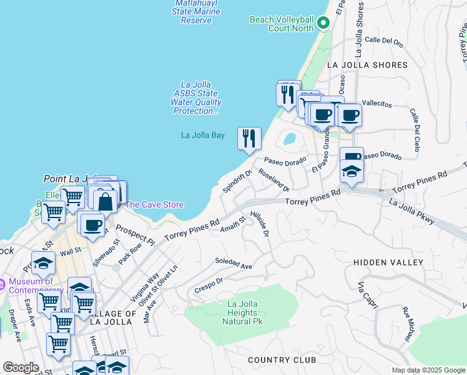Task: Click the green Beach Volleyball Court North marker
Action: click(323, 24)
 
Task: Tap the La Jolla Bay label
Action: click(202, 135)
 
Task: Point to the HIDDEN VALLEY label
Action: click(388, 263)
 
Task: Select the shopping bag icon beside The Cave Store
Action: click(105, 201)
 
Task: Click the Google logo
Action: click(21, 367)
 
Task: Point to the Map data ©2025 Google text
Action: click(428, 370)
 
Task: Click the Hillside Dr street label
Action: click(260, 224)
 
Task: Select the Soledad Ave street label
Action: click(234, 263)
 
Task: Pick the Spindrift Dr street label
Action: click(237, 181)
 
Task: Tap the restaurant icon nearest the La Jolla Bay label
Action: click(249, 138)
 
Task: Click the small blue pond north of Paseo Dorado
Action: click(289, 138)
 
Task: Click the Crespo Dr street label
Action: click(209, 284)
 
